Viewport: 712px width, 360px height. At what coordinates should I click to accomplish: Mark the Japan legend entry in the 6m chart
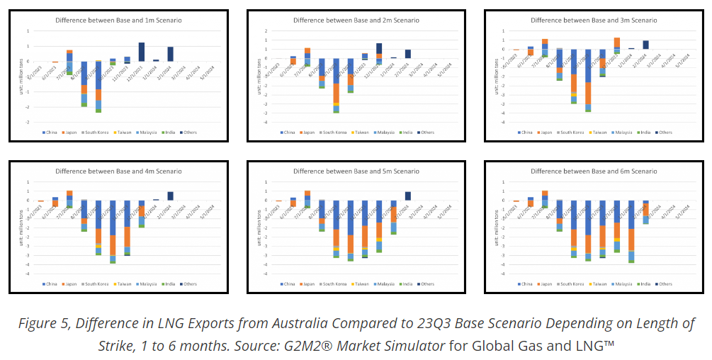546,283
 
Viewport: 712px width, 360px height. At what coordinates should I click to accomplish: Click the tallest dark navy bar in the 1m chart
142,52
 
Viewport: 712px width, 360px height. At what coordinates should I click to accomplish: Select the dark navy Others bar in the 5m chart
407,196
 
